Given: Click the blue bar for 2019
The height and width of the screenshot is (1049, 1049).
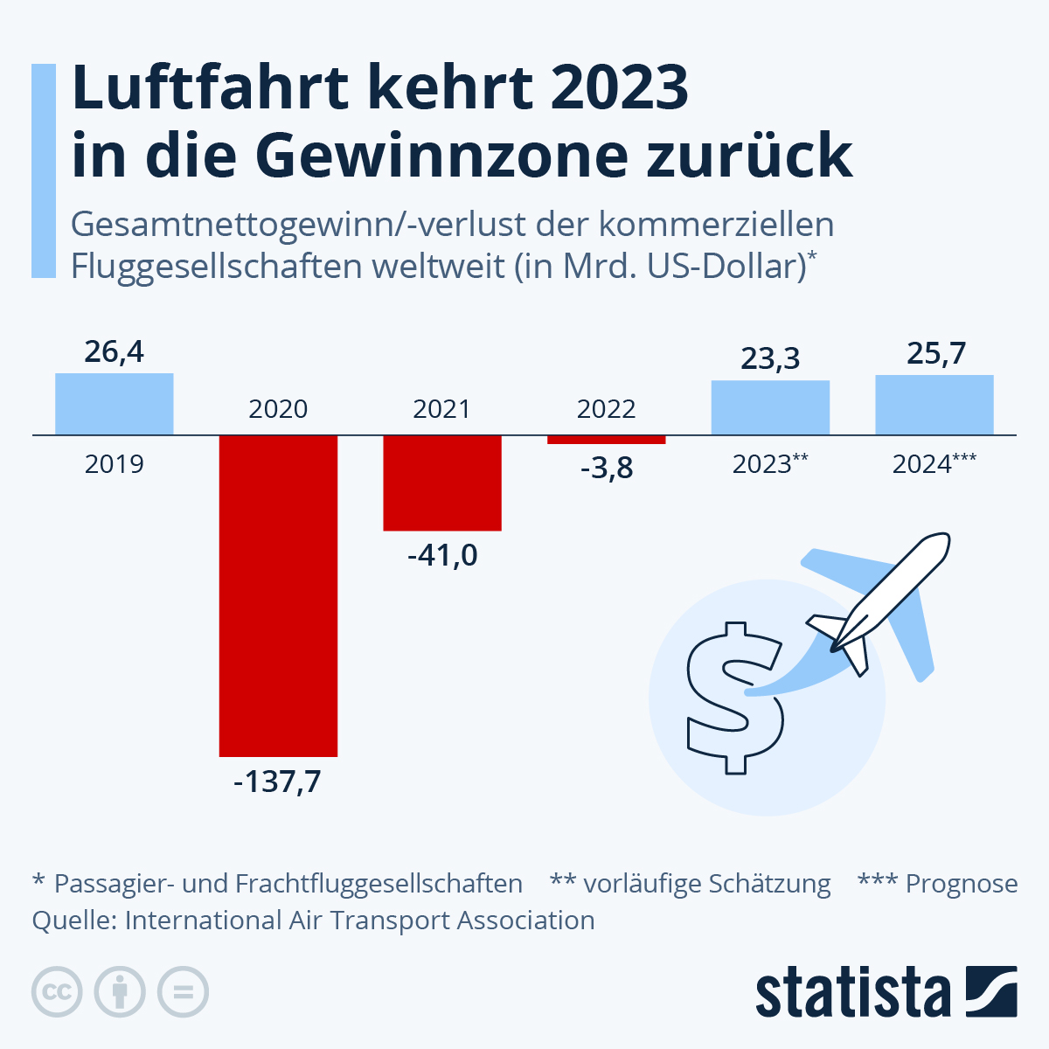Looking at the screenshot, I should tap(115, 404).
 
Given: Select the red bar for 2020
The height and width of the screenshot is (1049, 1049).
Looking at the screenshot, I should tap(278, 594).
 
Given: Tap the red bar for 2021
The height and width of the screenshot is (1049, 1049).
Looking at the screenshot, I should tap(442, 483).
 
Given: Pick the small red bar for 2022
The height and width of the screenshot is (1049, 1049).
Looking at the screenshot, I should tap(607, 439).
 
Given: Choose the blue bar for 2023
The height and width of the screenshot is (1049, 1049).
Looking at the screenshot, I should tap(770, 407).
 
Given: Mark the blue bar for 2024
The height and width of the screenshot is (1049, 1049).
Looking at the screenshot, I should tap(934, 405).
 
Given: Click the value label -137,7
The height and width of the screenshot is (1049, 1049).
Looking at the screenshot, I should tap(278, 781).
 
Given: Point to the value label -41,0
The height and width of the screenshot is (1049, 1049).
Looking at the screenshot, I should tap(442, 555).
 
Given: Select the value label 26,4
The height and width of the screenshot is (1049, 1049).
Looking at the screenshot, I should tap(115, 352).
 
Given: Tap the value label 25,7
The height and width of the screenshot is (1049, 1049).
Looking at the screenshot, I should tap(935, 353).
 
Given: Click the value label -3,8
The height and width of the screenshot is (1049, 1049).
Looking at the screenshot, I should tap(607, 469).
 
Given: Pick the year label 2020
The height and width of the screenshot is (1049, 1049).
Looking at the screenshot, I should tap(278, 409).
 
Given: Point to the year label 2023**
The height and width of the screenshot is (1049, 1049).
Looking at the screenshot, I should tap(769, 464).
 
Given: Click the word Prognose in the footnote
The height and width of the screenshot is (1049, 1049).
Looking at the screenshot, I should tap(962, 884).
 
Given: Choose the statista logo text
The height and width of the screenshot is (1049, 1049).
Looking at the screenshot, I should tap(852, 994).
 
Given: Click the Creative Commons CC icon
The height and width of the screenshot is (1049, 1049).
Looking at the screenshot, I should tap(57, 992).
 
